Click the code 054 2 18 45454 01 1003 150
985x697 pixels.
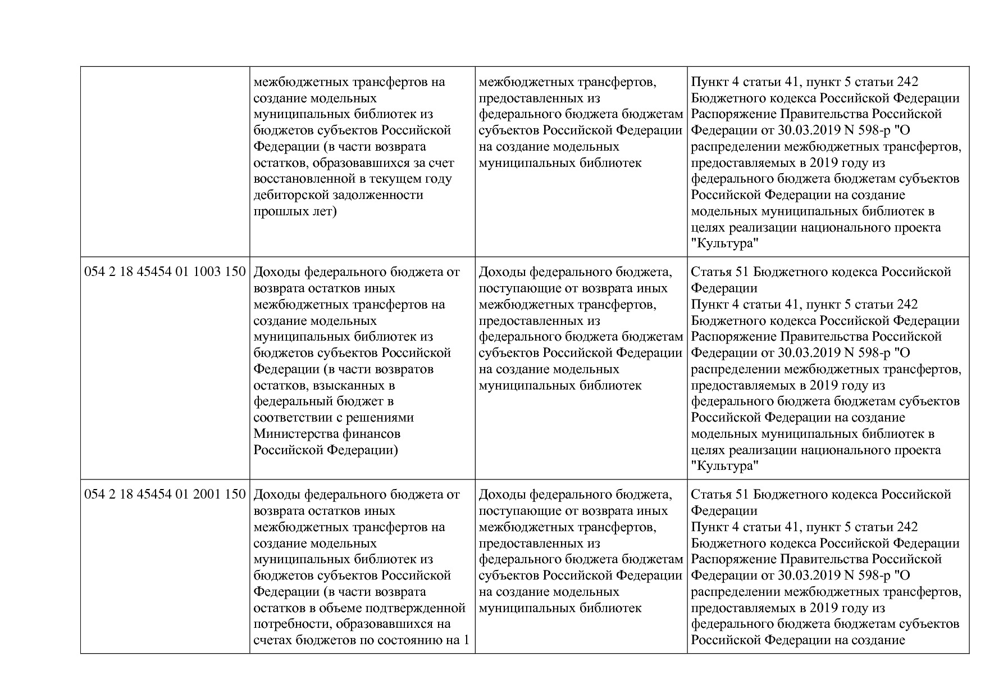point(165,272)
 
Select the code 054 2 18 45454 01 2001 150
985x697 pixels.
point(165,495)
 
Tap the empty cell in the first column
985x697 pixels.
point(165,161)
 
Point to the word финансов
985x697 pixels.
point(375,434)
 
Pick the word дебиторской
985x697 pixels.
point(289,195)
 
